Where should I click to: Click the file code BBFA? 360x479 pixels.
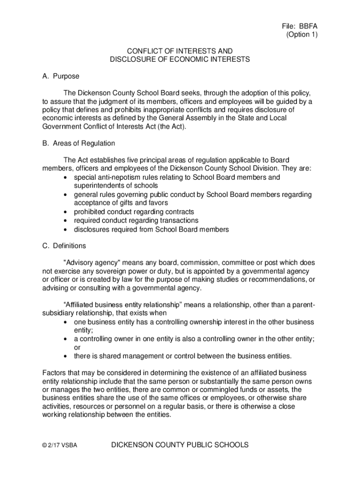(x=308, y=26)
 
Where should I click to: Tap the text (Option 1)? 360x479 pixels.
(x=302, y=35)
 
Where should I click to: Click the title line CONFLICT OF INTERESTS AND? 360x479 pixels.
(x=180, y=51)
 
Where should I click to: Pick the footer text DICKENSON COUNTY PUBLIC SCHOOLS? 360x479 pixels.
(x=180, y=445)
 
